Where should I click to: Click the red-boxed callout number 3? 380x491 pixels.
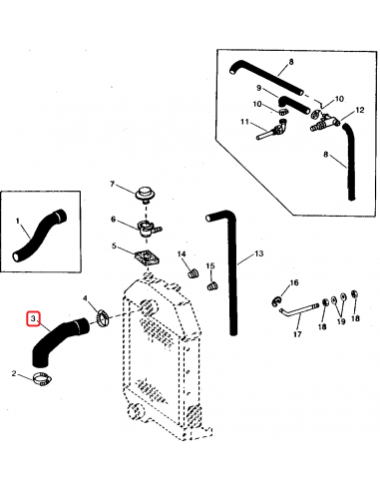pos(34,320)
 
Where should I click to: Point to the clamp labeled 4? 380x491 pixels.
pos(103,318)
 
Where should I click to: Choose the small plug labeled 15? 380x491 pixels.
pos(210,287)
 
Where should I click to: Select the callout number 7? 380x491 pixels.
pos(114,186)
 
